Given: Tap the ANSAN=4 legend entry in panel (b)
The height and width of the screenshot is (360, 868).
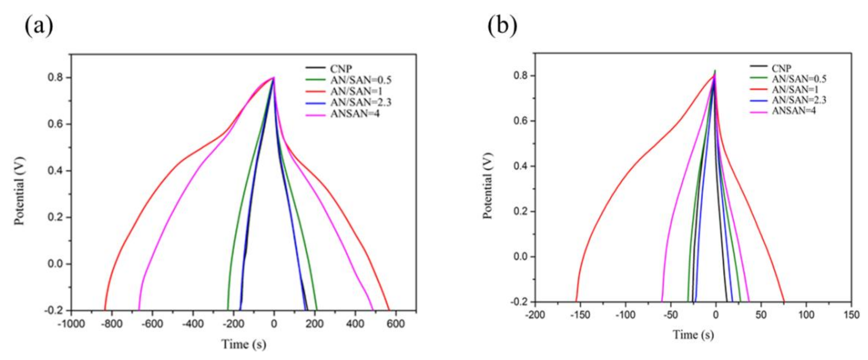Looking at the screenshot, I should pos(794,110).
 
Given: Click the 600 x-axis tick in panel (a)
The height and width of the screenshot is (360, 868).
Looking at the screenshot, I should pos(396,324).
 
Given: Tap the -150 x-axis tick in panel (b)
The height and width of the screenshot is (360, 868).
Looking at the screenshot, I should pos(580,315).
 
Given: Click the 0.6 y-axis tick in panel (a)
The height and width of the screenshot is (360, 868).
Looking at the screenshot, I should pos(55,124).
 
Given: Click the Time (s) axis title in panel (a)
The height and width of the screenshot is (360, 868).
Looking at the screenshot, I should pos(243,344).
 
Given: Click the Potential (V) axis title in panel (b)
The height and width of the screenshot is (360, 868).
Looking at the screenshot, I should pos(488,186).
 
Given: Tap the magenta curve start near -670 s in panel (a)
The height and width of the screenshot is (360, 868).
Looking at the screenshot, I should pos(139,310).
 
